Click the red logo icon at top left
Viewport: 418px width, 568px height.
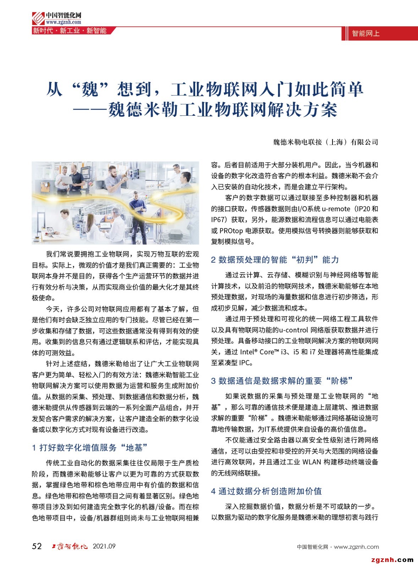click(x=38, y=18)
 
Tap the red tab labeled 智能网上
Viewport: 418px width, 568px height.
click(x=365, y=34)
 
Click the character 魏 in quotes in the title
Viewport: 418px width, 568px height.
click(x=89, y=89)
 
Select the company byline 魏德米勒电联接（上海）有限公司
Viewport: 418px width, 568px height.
click(x=325, y=142)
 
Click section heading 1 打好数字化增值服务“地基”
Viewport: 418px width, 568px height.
click(x=90, y=448)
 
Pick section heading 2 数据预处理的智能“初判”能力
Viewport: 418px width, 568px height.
click(x=275, y=260)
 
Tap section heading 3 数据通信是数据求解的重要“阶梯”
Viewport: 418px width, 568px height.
click(x=282, y=381)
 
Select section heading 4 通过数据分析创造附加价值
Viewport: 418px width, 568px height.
click(x=266, y=491)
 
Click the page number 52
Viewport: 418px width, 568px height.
click(x=37, y=546)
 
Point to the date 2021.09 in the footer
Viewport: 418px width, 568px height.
click(x=104, y=546)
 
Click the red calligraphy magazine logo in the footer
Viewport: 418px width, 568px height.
click(x=70, y=546)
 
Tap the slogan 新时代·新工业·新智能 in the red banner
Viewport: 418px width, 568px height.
click(x=70, y=31)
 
